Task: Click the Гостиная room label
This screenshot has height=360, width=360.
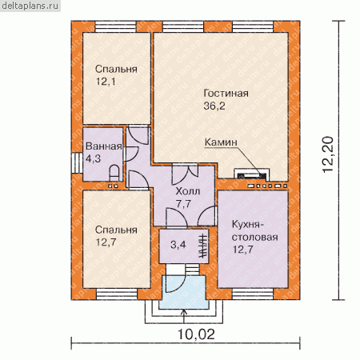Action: coord(226,94)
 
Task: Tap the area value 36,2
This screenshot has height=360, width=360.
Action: coord(214,106)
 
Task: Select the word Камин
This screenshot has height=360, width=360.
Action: coord(221,142)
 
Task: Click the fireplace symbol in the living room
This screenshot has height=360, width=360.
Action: coord(251,175)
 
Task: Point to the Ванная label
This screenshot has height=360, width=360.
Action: coord(104,146)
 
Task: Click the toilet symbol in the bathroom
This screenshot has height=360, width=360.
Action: coord(114,173)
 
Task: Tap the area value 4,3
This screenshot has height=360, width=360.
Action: coord(93,159)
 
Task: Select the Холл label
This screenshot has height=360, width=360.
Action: coord(188,191)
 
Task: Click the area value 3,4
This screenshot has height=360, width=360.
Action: coord(178,245)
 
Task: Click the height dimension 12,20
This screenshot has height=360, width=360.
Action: coord(328,155)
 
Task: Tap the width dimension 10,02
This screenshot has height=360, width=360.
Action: coord(196,334)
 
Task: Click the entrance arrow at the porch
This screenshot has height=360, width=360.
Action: coord(183,316)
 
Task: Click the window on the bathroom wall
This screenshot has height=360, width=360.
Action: coord(77,163)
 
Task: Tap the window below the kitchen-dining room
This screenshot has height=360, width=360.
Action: coord(253,294)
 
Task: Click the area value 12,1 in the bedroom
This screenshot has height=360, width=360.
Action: coord(106,82)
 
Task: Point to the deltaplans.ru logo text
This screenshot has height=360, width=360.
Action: coord(30,6)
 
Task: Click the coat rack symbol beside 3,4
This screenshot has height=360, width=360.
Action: coord(203,246)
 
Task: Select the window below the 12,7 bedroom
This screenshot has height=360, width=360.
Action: coord(117,294)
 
